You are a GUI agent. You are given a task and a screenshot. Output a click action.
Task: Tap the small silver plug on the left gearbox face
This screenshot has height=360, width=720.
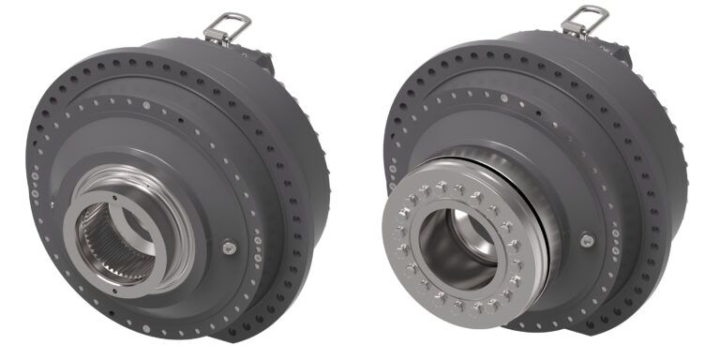coord(230,247)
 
